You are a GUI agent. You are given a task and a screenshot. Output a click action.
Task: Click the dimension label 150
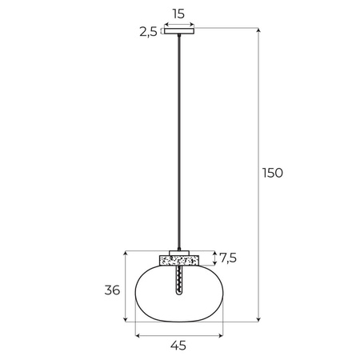click(x=273, y=172)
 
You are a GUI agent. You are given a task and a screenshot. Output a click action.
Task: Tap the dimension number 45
click(x=178, y=346)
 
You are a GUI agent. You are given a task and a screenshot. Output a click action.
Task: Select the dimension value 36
click(x=112, y=290)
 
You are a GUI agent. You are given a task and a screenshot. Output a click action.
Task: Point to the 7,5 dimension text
click(x=228, y=258)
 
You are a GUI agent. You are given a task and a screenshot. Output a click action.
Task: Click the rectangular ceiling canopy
click(x=178, y=32)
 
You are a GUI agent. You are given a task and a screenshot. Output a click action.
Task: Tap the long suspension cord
click(x=178, y=144)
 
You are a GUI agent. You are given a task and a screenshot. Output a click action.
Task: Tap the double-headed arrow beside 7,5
click(x=214, y=258)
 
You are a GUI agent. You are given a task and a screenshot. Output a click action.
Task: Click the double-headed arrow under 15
click(x=178, y=24)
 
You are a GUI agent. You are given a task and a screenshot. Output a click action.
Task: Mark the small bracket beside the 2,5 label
click(x=162, y=32)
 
